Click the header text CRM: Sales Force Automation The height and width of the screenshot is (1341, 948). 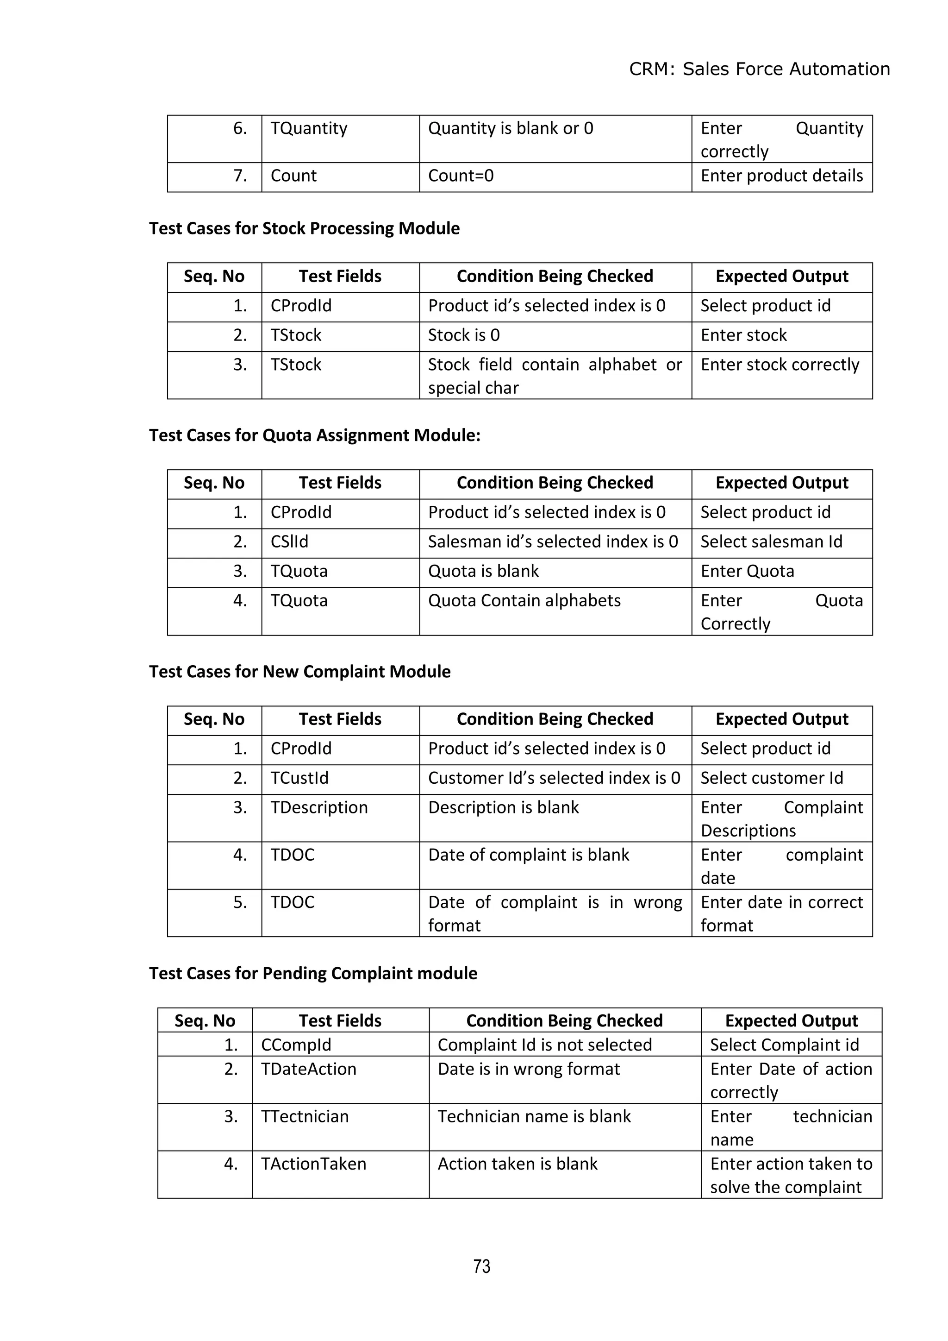point(759,69)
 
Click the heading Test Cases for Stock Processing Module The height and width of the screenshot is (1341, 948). point(304,228)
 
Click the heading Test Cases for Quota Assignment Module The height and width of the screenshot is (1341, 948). point(315,435)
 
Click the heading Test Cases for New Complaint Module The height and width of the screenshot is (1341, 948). point(299,672)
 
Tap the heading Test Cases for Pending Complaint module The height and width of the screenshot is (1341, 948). point(313,973)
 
